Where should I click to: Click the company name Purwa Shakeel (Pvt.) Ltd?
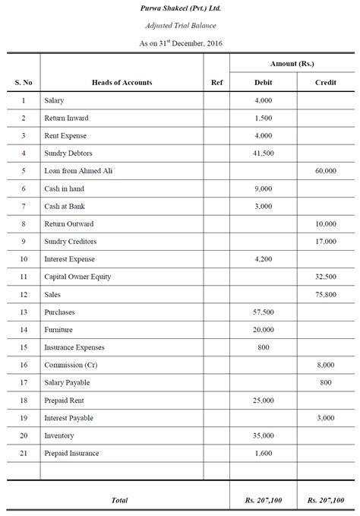coord(180,8)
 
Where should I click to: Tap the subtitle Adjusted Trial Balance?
coord(180,26)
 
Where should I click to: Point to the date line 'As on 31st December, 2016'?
coord(180,43)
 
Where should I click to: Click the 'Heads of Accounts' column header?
coord(122,82)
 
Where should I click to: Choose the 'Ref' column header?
coord(216,82)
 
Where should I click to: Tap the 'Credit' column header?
coord(325,82)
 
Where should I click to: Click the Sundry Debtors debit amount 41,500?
coord(263,154)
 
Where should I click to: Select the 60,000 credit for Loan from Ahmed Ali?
coord(325,171)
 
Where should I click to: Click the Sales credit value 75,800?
coord(325,295)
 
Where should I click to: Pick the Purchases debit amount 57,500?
coord(263,312)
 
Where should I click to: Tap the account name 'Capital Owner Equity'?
coord(77,277)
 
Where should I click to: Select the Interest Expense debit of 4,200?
coord(263,259)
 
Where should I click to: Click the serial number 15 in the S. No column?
coord(24,347)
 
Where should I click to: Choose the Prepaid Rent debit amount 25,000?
coord(263,400)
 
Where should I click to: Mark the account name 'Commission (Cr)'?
coord(69,366)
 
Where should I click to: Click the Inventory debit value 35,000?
coord(263,436)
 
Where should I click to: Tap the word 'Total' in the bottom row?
coord(119,499)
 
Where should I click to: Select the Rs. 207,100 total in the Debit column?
coord(263,499)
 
